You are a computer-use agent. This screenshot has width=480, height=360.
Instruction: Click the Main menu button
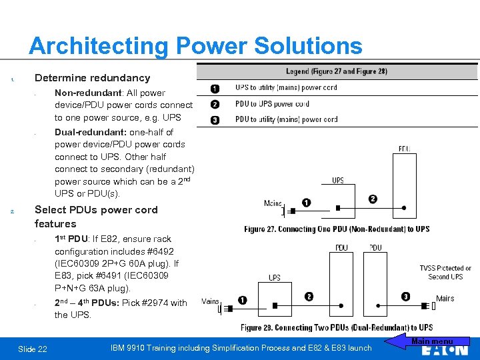tap(431, 342)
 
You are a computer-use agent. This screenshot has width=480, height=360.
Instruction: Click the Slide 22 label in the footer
tap(33, 349)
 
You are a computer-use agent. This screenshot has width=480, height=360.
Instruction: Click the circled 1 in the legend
tap(215, 88)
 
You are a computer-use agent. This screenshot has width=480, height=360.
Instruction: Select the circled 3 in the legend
tap(215, 120)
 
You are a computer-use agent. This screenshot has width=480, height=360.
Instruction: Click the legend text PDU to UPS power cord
tap(272, 104)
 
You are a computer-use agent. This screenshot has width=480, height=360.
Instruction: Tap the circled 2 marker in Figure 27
tap(373, 199)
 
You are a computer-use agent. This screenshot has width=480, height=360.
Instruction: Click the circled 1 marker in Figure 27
tap(306, 203)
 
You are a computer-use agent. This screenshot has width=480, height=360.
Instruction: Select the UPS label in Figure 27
tap(338, 180)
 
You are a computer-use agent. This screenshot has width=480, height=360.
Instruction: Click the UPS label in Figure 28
tap(274, 277)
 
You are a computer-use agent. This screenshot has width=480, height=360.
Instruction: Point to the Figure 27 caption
tap(337, 229)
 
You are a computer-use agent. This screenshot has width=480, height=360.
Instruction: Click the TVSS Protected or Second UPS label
tap(445, 272)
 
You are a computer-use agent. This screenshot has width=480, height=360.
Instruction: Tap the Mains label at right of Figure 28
tap(445, 298)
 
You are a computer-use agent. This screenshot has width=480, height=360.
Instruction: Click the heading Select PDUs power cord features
tap(96, 217)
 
